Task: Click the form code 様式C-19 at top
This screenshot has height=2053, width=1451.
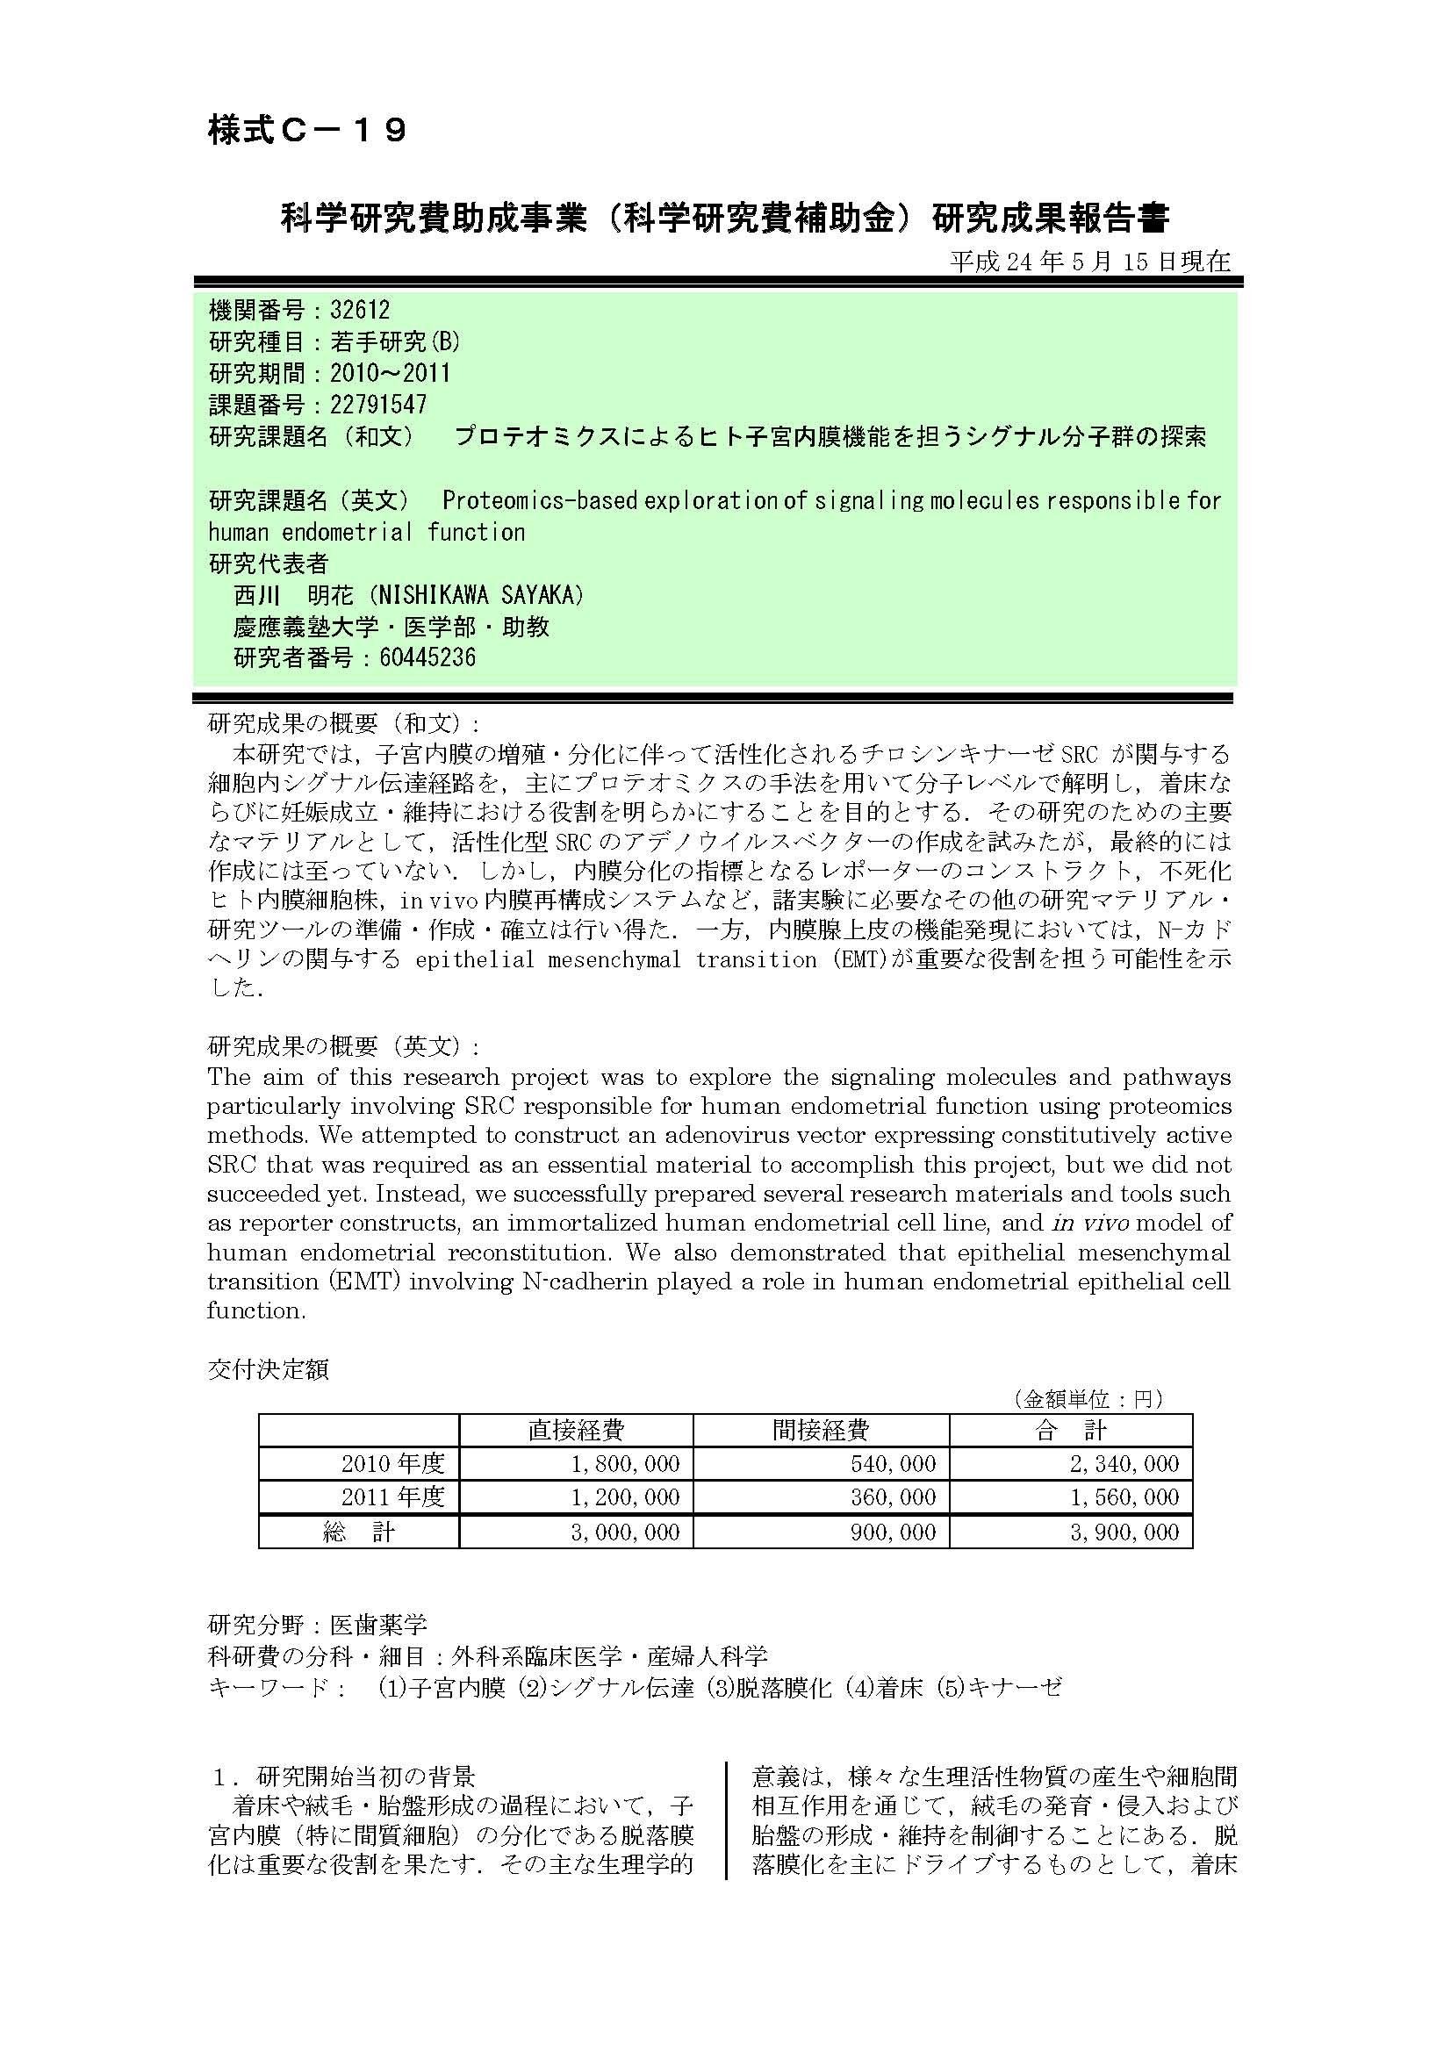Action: (307, 131)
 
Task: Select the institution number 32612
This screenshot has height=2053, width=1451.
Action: (360, 310)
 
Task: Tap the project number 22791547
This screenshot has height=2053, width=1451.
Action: (378, 405)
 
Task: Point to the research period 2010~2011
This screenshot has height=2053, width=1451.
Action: (390, 373)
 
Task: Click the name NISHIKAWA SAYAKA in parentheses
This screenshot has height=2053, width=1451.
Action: (482, 594)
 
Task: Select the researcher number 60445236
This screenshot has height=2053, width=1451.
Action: (427, 658)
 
